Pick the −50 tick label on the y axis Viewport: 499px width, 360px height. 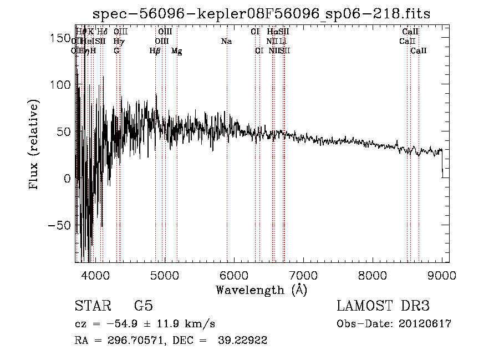pyautogui.click(x=58, y=226)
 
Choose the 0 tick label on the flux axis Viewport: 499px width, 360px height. pyautogui.click(x=67, y=179)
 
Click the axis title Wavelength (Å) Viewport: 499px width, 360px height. pyautogui.click(x=261, y=290)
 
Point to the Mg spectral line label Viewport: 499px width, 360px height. pyautogui.click(x=176, y=51)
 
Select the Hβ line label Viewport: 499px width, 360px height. pyautogui.click(x=155, y=51)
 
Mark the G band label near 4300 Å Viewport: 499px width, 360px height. pyautogui.click(x=116, y=51)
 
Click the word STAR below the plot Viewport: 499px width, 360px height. pyautogui.click(x=91, y=306)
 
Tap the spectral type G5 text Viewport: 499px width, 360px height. pyautogui.click(x=142, y=306)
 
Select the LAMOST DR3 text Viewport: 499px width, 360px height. pyautogui.click(x=383, y=306)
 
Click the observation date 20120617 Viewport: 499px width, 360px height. pyautogui.click(x=424, y=324)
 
